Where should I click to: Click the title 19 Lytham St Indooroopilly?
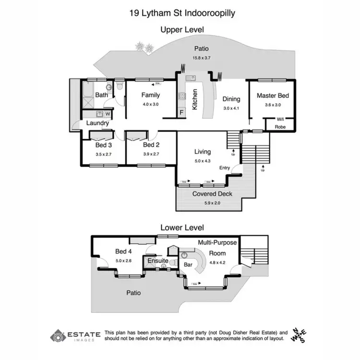click(x=182, y=13)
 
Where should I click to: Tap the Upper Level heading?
click(x=182, y=30)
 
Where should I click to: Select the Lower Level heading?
click(x=182, y=228)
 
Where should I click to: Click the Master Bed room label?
click(x=273, y=96)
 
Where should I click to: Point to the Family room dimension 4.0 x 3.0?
click(x=150, y=104)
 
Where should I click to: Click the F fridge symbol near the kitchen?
click(x=181, y=113)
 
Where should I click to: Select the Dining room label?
click(x=231, y=99)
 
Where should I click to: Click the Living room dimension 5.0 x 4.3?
click(x=202, y=161)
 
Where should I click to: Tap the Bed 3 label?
click(x=103, y=145)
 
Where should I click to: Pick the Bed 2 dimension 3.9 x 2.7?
click(x=150, y=154)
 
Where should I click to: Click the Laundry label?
click(x=97, y=123)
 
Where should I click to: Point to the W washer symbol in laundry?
click(x=108, y=114)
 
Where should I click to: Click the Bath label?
click(x=101, y=95)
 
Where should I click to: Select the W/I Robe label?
click(x=280, y=123)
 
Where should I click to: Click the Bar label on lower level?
click(x=188, y=264)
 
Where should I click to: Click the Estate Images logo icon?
click(x=58, y=336)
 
